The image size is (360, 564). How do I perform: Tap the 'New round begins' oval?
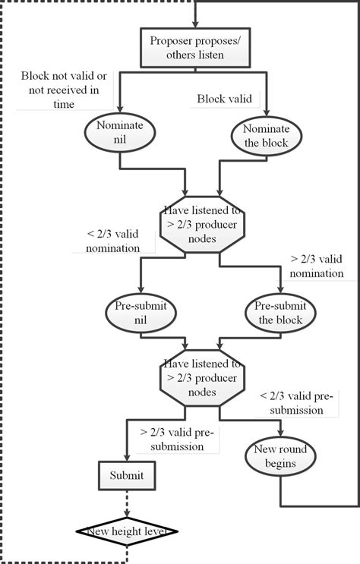(280, 458)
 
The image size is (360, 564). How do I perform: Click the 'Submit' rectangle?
(125, 475)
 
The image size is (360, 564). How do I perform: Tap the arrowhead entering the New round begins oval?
(280, 437)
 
